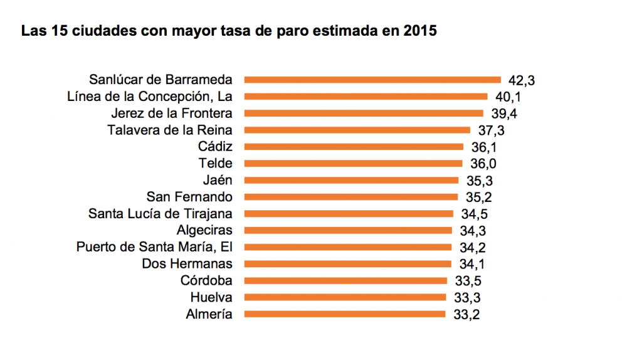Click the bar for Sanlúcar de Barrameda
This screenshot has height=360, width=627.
[372, 80]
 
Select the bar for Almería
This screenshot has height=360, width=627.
[345, 314]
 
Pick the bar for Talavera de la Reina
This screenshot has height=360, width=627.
[357, 130]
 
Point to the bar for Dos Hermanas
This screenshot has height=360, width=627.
[347, 264]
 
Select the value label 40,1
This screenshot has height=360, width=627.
[508, 97]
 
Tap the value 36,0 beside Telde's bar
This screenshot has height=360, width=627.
[483, 164]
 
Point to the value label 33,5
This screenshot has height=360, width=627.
[468, 281]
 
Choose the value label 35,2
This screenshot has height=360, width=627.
[479, 198]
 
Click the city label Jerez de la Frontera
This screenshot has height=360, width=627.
[171, 114]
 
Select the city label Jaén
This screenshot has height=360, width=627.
[217, 180]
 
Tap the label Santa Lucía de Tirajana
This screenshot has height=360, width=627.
[161, 214]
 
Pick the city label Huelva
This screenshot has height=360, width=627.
[211, 297]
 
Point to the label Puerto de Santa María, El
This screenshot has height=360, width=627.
[154, 247]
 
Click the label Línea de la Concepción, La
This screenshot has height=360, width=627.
[149, 97]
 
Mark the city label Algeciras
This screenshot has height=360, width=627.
[204, 230]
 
